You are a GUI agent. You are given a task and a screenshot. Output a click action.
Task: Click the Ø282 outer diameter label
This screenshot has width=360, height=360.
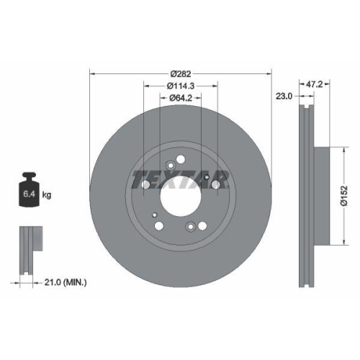[180, 73]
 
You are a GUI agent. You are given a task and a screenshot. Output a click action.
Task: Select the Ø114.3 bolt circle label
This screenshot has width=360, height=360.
[180, 86]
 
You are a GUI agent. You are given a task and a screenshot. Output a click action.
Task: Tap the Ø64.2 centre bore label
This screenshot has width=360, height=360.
[180, 99]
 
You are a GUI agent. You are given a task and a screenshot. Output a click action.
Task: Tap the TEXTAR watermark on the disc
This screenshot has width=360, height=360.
[180, 180]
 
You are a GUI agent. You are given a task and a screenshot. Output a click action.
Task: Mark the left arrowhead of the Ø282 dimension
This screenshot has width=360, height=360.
[91, 73]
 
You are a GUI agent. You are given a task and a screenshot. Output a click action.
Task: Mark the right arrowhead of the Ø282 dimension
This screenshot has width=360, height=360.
[270, 73]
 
